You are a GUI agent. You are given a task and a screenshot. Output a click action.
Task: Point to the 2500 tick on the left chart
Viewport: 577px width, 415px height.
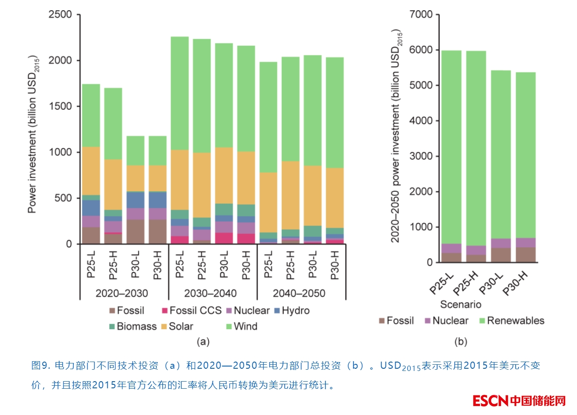tap(60, 15)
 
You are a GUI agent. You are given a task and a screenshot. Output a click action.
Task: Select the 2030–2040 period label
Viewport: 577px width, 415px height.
tap(210, 294)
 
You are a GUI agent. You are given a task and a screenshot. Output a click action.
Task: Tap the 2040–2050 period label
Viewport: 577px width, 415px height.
tap(299, 294)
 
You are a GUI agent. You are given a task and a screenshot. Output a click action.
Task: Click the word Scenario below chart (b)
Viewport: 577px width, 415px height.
tap(461, 305)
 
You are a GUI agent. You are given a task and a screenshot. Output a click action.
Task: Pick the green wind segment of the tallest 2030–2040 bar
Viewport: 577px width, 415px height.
tap(180, 93)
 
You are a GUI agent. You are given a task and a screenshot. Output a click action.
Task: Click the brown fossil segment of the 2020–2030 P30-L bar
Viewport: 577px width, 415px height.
tap(135, 231)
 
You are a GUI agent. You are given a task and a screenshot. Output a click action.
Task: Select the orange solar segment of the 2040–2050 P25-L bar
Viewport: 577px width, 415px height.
tap(268, 202)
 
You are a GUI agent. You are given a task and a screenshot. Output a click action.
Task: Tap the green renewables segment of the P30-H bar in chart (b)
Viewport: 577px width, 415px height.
tap(525, 156)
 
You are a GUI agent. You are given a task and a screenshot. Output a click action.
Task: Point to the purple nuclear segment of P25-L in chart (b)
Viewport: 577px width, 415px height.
tap(451, 248)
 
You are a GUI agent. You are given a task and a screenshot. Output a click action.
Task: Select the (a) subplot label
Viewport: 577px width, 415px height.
tap(203, 342)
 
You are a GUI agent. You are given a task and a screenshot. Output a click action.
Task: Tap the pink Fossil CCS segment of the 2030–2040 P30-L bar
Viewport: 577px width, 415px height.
tap(224, 238)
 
